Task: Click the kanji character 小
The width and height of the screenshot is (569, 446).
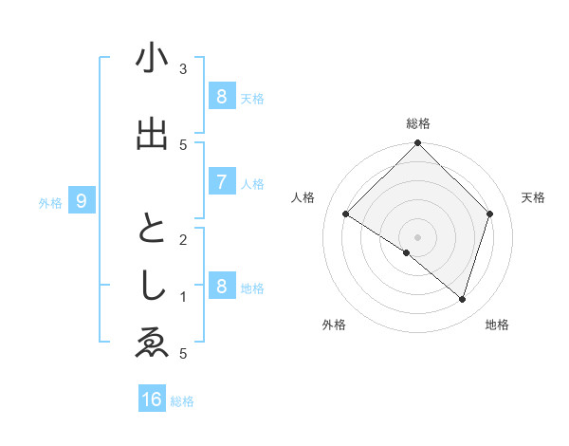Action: click(152, 58)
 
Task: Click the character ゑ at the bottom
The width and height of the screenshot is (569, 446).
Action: click(152, 344)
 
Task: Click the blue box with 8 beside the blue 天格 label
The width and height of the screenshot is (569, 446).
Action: click(221, 97)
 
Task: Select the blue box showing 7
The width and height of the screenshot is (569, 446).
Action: click(221, 182)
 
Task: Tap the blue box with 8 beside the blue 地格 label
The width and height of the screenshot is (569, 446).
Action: click(221, 287)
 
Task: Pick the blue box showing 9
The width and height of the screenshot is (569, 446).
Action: click(82, 201)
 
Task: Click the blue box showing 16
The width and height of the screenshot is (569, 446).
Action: click(152, 400)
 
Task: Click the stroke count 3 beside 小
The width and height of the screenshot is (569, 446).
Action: click(182, 69)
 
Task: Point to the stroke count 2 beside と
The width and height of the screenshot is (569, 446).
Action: click(182, 240)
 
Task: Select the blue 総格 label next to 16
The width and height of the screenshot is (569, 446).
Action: click(182, 401)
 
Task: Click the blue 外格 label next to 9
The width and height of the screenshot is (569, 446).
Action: click(50, 202)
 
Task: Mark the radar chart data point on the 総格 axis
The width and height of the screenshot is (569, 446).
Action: click(417, 143)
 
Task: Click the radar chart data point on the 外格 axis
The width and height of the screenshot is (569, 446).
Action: click(407, 252)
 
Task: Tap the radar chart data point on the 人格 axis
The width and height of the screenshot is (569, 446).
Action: click(346, 214)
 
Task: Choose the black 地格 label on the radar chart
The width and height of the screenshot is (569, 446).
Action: click(497, 325)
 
